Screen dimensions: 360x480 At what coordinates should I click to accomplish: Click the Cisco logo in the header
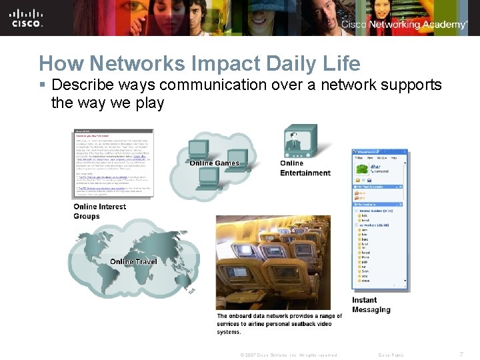pyautogui.click(x=27, y=17)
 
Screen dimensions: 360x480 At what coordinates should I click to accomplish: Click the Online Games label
pyautogui.click(x=214, y=163)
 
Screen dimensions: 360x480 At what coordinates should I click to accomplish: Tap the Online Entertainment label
pyautogui.click(x=305, y=168)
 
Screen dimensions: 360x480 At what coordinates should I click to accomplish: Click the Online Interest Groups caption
pyautogui.click(x=99, y=211)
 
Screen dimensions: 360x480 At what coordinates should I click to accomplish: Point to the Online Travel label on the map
pyautogui.click(x=133, y=261)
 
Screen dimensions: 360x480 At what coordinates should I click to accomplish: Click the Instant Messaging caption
pyautogui.click(x=371, y=305)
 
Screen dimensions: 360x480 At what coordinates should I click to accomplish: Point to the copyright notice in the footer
pyautogui.click(x=288, y=355)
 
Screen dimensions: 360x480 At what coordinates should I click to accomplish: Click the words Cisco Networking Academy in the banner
pyautogui.click(x=404, y=24)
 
